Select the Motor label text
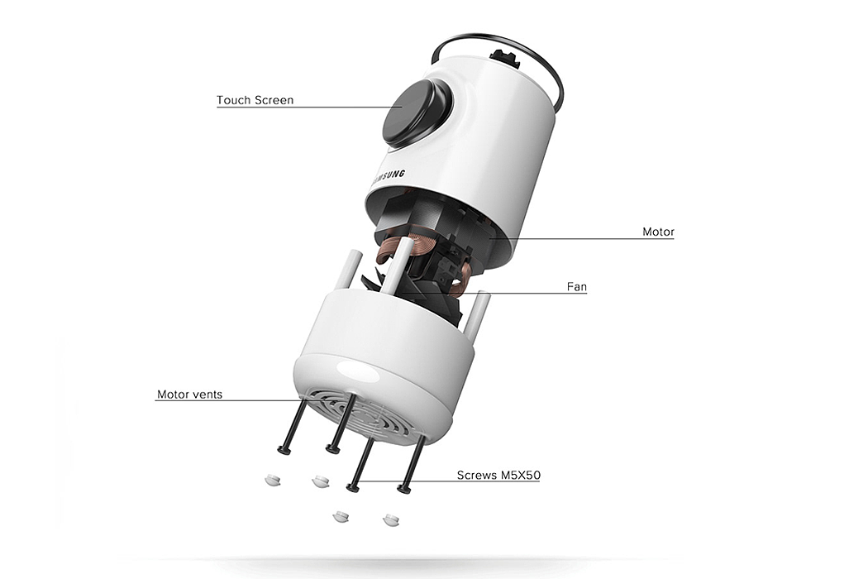click(x=658, y=232)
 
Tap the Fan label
click(x=577, y=287)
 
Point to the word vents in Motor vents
click(x=207, y=395)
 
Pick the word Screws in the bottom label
click(x=476, y=476)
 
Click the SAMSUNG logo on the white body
click(x=389, y=176)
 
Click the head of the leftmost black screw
click(x=284, y=450)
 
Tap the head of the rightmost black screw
click(x=404, y=490)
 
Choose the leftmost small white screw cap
click(x=272, y=480)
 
